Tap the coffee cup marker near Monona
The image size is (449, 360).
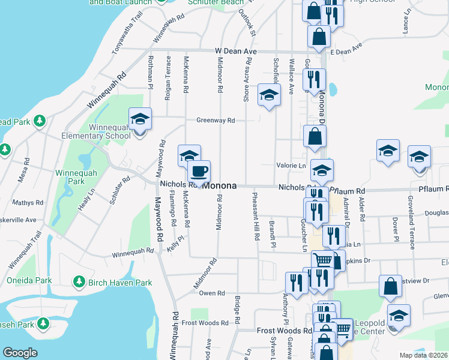click(x=199, y=171)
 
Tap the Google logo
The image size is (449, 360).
click(x=20, y=353)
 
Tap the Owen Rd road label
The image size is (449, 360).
click(x=211, y=293)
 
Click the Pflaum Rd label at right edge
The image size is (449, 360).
click(x=435, y=189)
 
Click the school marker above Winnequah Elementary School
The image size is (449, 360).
click(x=140, y=119)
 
